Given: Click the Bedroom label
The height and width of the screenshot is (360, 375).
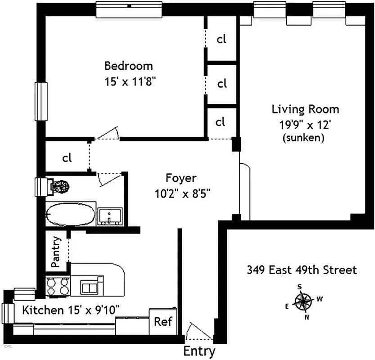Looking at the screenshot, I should [128, 66].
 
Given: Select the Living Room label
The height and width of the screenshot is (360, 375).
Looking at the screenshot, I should [305, 109].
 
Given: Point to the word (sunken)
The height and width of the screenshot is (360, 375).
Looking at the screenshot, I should [303, 138].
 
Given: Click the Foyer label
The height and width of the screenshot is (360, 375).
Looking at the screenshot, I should [181, 177].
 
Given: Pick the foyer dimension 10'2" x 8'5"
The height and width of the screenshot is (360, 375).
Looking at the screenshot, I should [182, 194].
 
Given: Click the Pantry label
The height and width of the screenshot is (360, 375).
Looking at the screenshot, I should [56, 252].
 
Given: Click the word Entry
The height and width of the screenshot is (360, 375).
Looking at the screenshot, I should [199, 351].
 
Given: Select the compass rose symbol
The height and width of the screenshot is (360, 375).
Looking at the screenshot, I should [304, 301].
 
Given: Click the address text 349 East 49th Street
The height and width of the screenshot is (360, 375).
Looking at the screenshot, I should [302, 270].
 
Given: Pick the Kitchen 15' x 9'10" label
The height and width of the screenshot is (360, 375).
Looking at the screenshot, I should [71, 310].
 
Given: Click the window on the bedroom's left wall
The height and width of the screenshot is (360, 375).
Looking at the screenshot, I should [41, 101].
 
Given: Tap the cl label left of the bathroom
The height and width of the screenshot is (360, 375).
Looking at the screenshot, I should [67, 157].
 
